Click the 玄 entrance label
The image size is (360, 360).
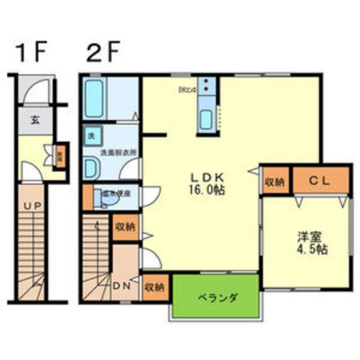[35, 120]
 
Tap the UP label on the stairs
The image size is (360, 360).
[30, 206]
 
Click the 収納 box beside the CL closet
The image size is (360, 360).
[275, 181]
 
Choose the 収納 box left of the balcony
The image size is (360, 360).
[154, 287]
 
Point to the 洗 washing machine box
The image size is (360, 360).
[91, 135]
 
